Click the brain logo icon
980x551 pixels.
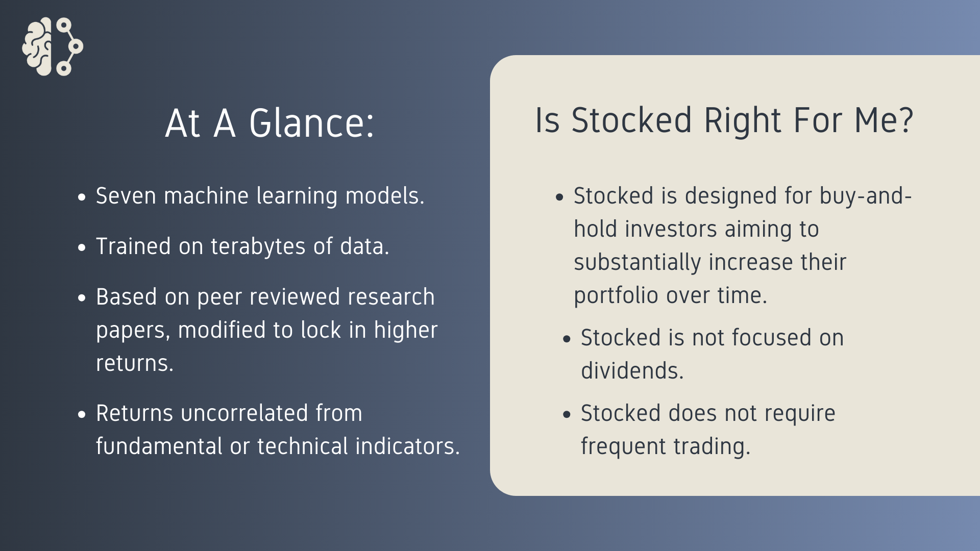pyautogui.click(x=53, y=46)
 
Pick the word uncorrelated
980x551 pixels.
pyautogui.click(x=244, y=413)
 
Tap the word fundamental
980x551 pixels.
pyautogui.click(x=159, y=446)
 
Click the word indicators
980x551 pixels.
pyautogui.click(x=408, y=446)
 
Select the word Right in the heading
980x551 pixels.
pyautogui.click(x=743, y=121)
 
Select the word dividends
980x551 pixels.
pyautogui.click(x=632, y=370)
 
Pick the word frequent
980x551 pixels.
pyautogui.click(x=623, y=447)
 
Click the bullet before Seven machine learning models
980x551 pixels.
pyautogui.click(x=82, y=197)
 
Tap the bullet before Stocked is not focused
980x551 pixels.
pyautogui.click(x=567, y=339)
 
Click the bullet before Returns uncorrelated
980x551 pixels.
pyautogui.click(x=82, y=415)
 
